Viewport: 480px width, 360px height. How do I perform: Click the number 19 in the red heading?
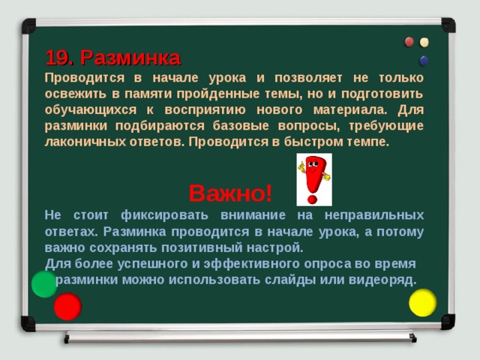(58, 58)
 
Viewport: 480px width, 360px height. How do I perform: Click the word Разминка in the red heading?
(130, 58)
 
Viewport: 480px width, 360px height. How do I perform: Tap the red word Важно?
(230, 193)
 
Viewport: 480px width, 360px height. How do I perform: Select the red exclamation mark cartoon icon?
(313, 178)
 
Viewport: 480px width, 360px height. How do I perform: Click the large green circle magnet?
(44, 283)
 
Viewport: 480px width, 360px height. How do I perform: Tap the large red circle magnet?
(67, 306)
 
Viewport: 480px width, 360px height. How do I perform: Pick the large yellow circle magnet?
(422, 302)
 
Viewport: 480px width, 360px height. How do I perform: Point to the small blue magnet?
(424, 60)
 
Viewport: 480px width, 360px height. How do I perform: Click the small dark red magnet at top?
(409, 42)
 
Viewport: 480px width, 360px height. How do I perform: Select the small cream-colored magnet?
(425, 42)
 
